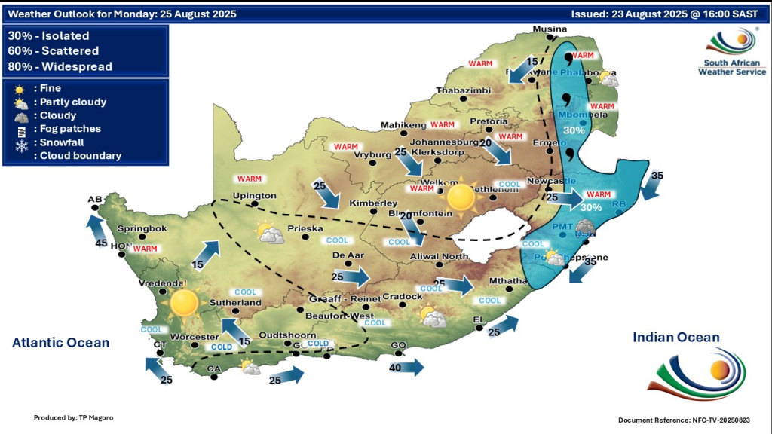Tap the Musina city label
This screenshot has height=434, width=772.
pos(549,29)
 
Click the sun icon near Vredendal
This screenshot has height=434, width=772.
pos(183,303)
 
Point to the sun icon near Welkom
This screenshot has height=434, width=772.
pos(460,198)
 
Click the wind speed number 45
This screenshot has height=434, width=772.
pos(100,243)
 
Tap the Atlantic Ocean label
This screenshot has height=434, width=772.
pos(60,343)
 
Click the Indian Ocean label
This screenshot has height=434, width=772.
pos(676,338)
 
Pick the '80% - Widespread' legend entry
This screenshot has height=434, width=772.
pos(60,66)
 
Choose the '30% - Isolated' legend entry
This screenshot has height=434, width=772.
pos(49,36)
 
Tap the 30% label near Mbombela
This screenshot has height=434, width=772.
pos(574,130)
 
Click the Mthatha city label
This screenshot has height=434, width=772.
pos(506,281)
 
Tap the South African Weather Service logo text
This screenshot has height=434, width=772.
pos(731,67)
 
